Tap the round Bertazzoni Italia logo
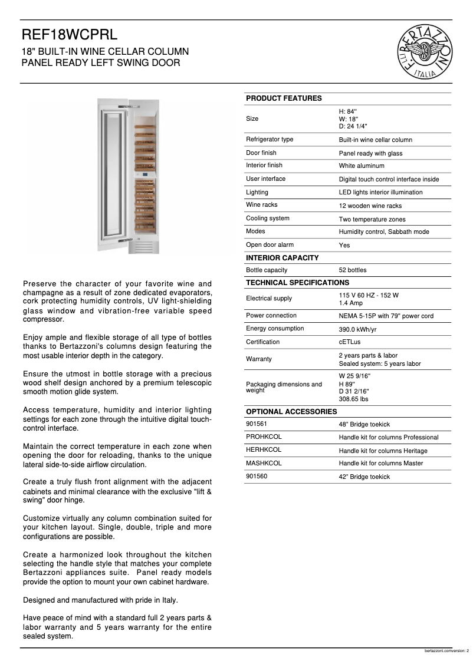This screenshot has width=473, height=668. (425, 52)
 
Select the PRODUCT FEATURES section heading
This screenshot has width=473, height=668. (284, 98)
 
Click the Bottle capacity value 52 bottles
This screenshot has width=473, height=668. (352, 270)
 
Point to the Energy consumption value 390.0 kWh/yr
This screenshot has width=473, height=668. (357, 329)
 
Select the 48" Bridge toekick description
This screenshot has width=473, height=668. (364, 424)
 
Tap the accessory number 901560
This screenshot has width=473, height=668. (257, 476)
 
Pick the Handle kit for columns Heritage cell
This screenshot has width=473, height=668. (383, 451)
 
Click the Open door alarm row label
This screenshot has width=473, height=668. (270, 245)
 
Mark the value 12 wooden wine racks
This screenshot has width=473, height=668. (370, 206)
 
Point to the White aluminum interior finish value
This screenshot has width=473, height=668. (361, 166)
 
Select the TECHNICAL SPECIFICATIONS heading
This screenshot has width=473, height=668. (297, 283)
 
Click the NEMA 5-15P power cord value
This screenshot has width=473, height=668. (386, 316)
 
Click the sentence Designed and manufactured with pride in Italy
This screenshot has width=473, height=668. (100, 600)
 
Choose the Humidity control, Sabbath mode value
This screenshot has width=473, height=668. (383, 232)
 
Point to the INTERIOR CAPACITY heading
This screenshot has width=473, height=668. (282, 258)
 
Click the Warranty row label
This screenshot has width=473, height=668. (258, 359)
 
